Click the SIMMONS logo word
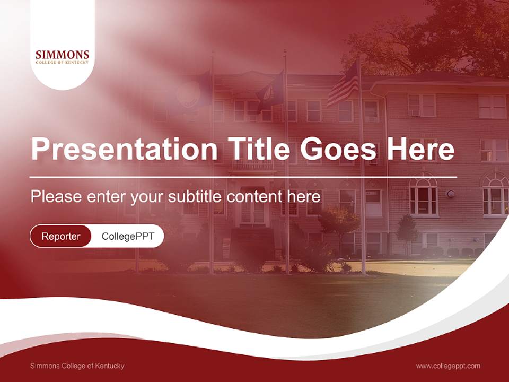coord(63,55)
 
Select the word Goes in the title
coord(339,149)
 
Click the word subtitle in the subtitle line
coord(196,197)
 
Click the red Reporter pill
coord(61,236)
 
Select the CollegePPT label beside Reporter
coord(128,236)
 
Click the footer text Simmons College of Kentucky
coord(77,366)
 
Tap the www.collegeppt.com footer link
coord(448,366)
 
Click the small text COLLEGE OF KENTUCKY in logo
coord(63,63)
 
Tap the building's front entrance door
coord(252,211)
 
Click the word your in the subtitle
coord(148,197)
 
